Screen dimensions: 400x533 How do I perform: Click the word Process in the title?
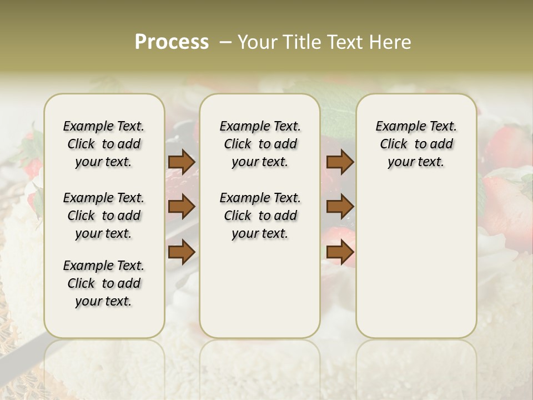172,42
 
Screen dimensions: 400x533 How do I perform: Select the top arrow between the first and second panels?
182,162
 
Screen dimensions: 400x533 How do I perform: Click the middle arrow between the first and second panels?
182,207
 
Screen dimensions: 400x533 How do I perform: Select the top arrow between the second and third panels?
340,162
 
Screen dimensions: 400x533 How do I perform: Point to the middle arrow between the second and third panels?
340,207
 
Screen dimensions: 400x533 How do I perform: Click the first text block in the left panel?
104,144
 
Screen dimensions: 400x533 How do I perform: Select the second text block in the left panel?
104,216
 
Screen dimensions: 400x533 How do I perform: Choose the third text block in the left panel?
104,283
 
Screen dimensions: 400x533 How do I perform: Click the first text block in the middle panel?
260,144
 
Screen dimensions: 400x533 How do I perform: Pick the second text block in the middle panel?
260,216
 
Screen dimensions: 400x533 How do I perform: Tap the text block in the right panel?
416,144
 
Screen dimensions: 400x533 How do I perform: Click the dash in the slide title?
225,42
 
